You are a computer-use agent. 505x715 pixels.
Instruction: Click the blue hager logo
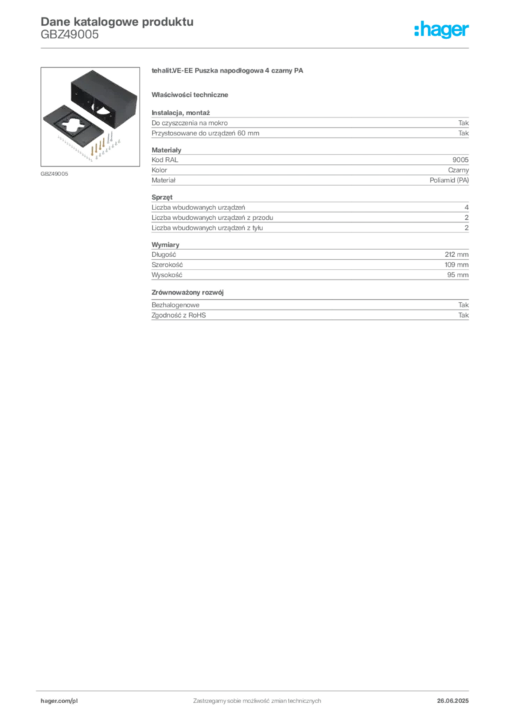(443, 31)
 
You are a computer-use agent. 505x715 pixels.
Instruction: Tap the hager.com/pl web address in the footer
(59, 700)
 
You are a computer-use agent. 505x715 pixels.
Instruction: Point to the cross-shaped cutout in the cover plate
(69, 126)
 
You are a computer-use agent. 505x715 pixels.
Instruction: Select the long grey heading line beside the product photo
(229, 72)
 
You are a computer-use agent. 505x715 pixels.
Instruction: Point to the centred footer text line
(258, 697)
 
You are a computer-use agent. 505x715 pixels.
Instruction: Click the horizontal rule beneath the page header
(257, 47)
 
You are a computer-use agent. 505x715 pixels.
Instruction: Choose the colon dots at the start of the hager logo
(415, 31)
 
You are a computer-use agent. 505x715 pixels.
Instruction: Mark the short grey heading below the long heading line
(193, 94)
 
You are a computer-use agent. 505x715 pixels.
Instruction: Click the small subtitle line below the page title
(70, 40)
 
